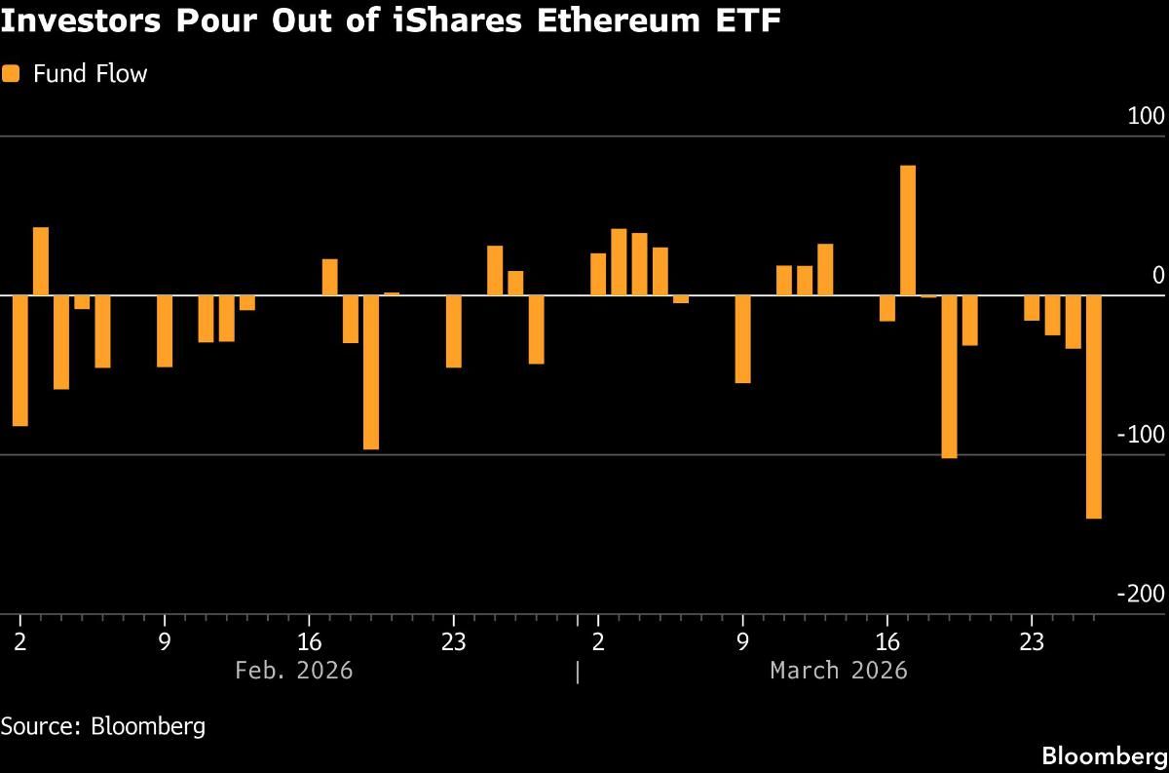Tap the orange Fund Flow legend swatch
click(11, 74)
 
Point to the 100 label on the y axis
click(1146, 117)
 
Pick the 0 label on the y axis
click(1158, 276)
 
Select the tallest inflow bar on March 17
click(907, 230)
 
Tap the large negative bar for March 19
click(949, 376)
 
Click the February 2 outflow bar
click(19, 361)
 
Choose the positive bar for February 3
click(41, 261)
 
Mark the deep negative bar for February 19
click(371, 371)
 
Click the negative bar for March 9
click(742, 339)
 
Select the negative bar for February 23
click(453, 331)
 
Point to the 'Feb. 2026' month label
click(294, 671)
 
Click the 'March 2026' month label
click(838, 671)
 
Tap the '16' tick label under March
click(886, 643)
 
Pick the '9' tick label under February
click(165, 643)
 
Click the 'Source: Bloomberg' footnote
click(103, 726)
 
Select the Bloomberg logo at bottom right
click(1104, 755)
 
